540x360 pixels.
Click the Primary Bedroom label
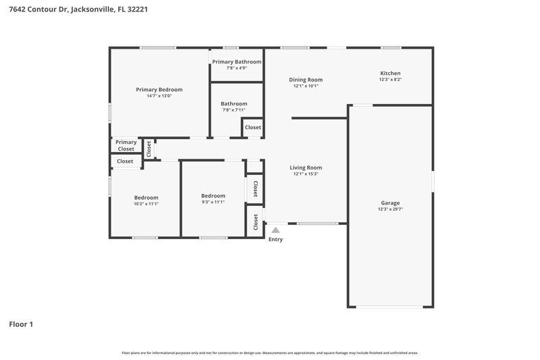(x=159, y=89)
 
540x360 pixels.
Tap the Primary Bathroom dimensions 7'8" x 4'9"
(x=236, y=68)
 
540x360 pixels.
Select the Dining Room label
(x=306, y=79)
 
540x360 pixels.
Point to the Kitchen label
(x=390, y=73)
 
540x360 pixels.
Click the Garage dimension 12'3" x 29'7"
(x=390, y=209)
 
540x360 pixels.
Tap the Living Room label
(x=306, y=168)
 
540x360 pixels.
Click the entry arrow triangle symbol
(x=275, y=230)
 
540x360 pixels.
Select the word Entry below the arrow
(x=275, y=240)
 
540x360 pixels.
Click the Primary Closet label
(x=126, y=145)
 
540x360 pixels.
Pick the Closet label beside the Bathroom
(x=253, y=128)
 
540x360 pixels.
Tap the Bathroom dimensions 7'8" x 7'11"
(x=234, y=110)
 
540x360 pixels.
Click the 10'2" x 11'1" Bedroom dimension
(x=146, y=203)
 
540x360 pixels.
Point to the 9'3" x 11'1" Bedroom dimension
(x=213, y=202)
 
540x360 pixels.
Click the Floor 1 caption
(x=21, y=324)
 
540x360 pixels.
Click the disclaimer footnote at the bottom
(x=270, y=353)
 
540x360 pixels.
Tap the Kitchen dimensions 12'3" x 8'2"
(x=390, y=80)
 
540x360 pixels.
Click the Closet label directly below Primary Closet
(x=126, y=161)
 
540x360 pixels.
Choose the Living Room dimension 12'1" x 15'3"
(x=306, y=174)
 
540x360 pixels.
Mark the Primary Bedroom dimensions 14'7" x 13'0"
(x=159, y=96)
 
